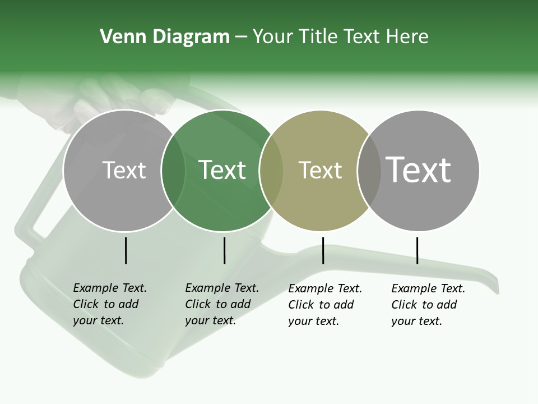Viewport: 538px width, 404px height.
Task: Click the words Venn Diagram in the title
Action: coord(164,37)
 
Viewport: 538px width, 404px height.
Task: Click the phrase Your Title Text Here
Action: coord(340,37)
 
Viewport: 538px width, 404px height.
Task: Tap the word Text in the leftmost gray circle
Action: coord(124,171)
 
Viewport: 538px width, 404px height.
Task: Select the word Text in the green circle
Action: coord(222,171)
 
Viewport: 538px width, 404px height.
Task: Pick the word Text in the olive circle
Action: coord(320,171)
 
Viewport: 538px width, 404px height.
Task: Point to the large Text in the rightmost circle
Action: coord(419,169)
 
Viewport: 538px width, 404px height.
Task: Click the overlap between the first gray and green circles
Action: coord(173,171)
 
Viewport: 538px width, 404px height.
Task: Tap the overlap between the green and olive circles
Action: coord(271,171)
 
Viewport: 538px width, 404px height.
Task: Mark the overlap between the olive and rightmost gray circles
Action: coord(369,171)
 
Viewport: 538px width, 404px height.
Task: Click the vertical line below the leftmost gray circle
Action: coord(126,250)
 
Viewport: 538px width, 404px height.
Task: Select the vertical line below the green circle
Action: coord(224,250)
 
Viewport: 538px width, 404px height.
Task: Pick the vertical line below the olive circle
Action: coord(323,250)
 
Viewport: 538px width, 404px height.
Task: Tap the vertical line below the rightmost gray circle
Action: coord(417,250)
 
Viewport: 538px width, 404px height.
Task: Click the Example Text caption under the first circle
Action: coord(109,304)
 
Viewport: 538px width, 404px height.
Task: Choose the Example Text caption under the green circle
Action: coord(221,304)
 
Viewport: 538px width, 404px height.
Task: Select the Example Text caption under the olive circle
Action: coord(324,305)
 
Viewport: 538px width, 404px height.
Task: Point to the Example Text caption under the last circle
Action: coord(428,305)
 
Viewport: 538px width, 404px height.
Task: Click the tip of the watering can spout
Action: coord(494,286)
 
